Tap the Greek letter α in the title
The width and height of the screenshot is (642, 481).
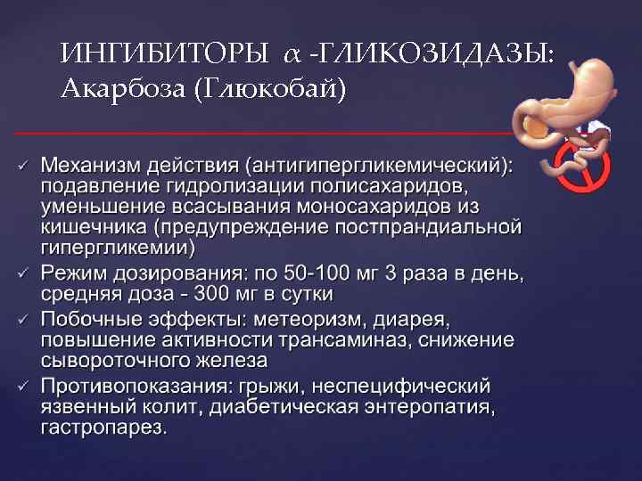pyautogui.click(x=293, y=56)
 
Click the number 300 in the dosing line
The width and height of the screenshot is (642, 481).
pyautogui.click(x=210, y=293)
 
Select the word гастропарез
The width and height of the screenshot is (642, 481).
pyautogui.click(x=103, y=429)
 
